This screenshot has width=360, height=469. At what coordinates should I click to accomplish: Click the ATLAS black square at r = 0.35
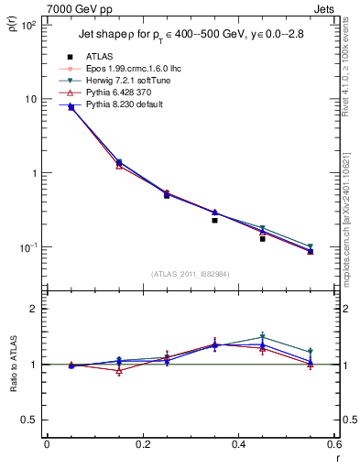(x=214, y=220)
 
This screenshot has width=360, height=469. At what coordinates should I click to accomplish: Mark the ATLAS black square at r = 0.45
(x=262, y=238)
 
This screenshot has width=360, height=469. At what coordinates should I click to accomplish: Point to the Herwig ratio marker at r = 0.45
(x=262, y=337)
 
